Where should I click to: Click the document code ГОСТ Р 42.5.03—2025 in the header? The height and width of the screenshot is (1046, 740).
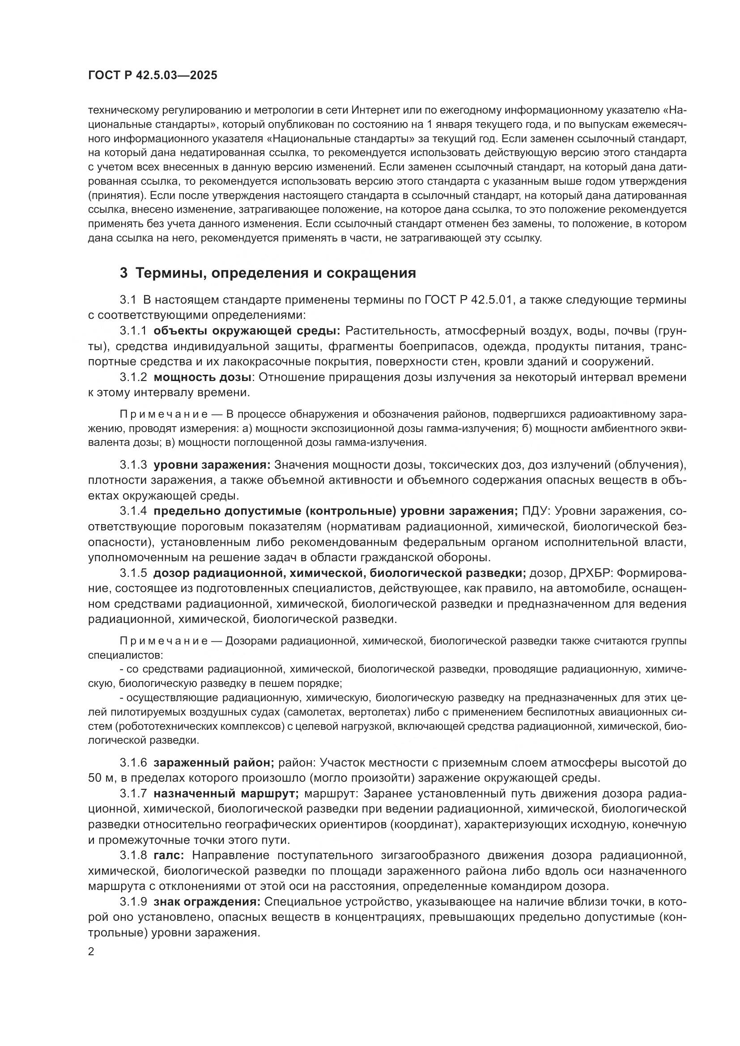[x=153, y=76]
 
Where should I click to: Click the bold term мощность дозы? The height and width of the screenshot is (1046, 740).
[x=203, y=377]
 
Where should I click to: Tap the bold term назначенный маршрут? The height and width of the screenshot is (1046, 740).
[x=226, y=794]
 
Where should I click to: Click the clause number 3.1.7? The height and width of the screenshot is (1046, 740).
[x=133, y=794]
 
